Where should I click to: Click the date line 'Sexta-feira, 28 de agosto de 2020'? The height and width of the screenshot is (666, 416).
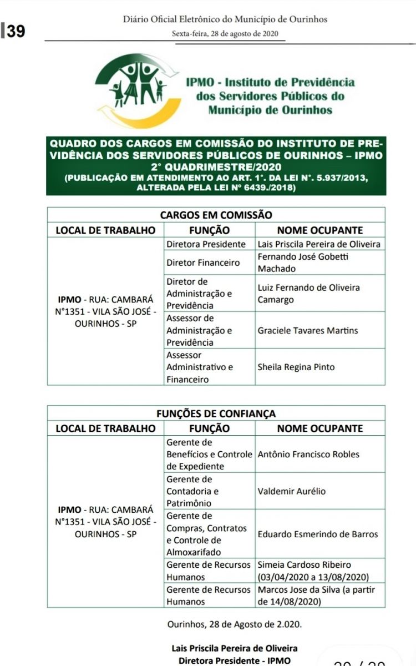225,33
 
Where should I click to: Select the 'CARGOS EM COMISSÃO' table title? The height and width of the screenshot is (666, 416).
216,215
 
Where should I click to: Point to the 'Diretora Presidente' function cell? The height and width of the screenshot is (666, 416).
206,244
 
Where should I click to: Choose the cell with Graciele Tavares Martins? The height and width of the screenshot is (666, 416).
308,330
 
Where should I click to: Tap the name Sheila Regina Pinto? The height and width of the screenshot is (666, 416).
296,367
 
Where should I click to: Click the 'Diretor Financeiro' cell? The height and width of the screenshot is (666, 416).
203,263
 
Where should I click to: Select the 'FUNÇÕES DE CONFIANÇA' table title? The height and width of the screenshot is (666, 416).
216,413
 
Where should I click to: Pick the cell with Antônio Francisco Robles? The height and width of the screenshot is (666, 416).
308,454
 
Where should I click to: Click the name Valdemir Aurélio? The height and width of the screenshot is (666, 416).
292,491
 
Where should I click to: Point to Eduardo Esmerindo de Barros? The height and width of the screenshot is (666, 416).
318,534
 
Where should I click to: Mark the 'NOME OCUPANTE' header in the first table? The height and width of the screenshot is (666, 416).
320,230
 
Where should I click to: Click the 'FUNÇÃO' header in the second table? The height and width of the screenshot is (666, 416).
209,428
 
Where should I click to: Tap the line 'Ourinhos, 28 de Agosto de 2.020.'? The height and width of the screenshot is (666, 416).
235,624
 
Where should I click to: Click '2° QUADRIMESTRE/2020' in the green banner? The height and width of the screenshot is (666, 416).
215,167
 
